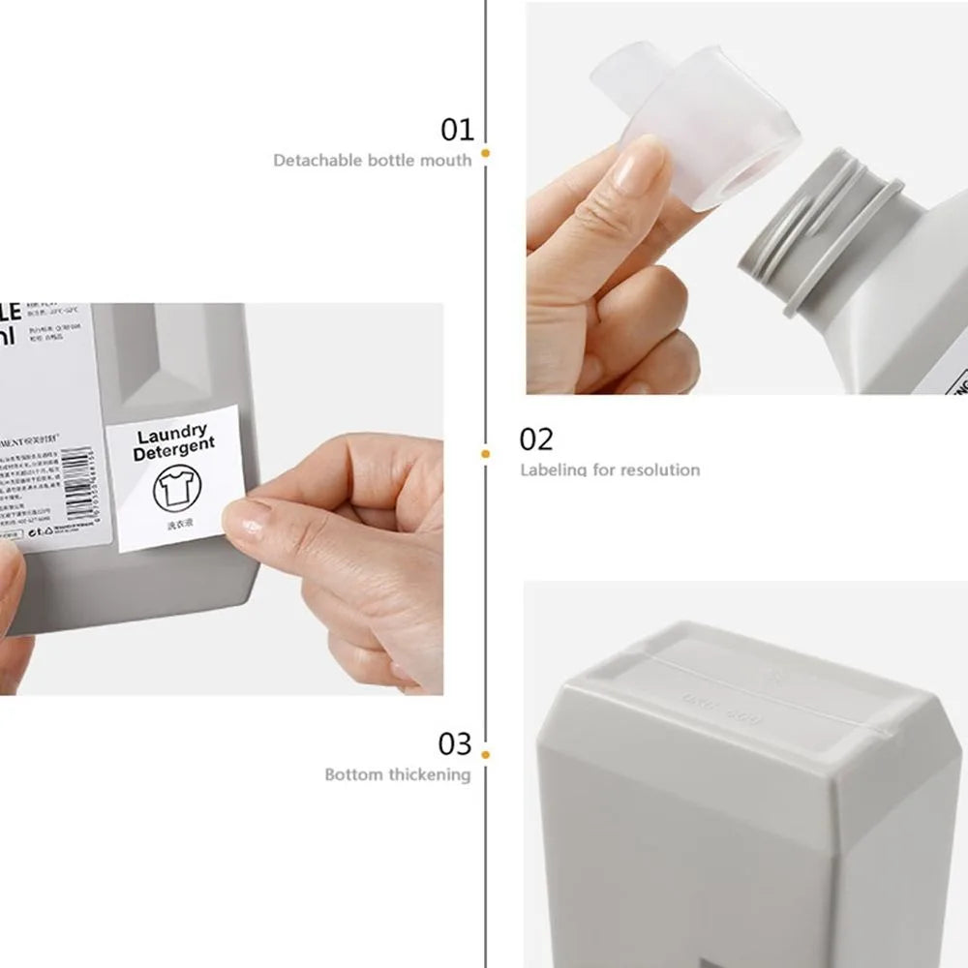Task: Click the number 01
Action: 457,129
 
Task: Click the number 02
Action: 536,439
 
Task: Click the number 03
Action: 454,744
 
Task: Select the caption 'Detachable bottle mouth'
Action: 372,160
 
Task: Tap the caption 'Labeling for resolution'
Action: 610,469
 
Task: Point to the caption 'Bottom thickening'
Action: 397,774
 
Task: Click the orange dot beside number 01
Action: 485,153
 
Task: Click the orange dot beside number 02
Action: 485,452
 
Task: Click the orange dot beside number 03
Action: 485,754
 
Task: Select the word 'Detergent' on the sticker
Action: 174,451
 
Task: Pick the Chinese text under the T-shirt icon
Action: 179,526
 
